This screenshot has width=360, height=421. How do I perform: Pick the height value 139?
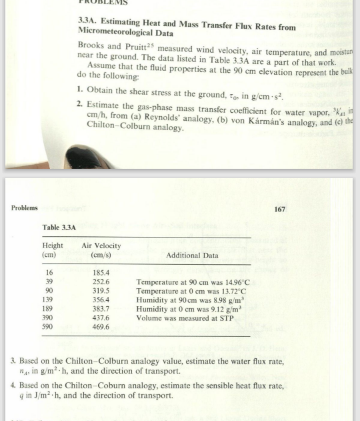(x=49, y=300)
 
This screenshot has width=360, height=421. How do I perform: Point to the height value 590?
(x=49, y=327)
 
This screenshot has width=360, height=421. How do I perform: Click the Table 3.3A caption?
(x=60, y=228)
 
